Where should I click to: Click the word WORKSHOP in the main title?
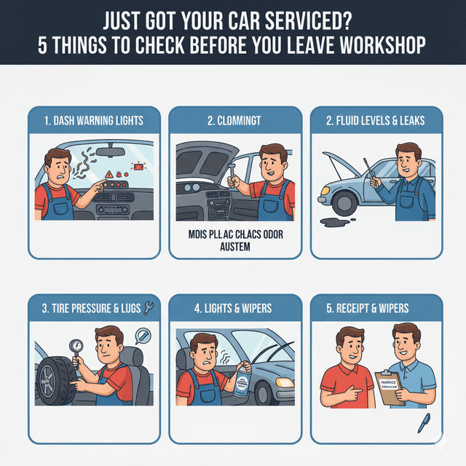pyautogui.click(x=378, y=46)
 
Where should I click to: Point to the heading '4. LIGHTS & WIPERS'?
pyautogui.click(x=233, y=308)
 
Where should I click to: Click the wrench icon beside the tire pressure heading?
pyautogui.click(x=149, y=307)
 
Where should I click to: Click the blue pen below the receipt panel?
pyautogui.click(x=424, y=422)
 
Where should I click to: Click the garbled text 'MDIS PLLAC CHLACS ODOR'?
pyautogui.click(x=233, y=234)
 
